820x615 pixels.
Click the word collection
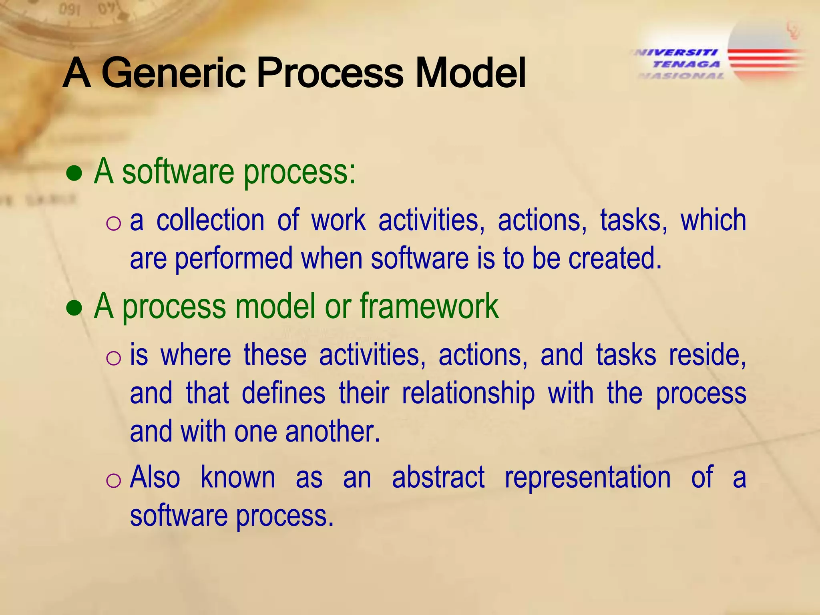(210, 221)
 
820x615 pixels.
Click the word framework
(429, 306)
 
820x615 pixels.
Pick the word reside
(707, 355)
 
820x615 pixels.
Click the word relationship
(468, 393)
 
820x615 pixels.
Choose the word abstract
(438, 477)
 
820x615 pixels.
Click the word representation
(587, 477)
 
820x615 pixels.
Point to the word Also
(155, 477)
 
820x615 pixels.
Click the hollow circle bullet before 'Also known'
(114, 480)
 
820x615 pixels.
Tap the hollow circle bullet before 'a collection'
(114, 223)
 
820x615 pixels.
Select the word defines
(283, 393)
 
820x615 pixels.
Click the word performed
(234, 259)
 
